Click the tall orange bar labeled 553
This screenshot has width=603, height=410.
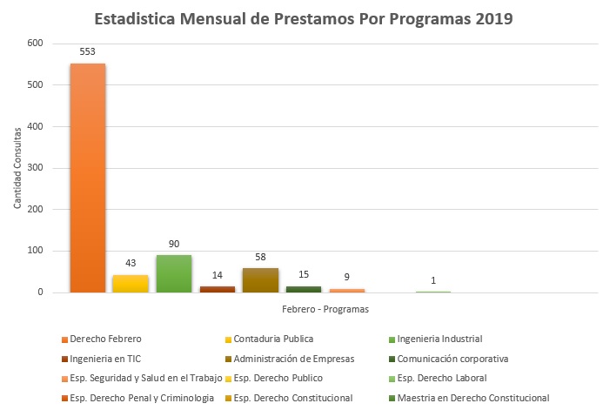[x=87, y=178]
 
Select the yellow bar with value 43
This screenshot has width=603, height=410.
[x=131, y=284]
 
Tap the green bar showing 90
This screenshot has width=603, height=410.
[x=174, y=274]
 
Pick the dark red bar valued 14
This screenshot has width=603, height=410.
[x=218, y=289]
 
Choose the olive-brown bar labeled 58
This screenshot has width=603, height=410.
[x=260, y=280]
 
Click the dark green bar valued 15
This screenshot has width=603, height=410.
[x=304, y=289]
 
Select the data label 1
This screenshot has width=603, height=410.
[x=433, y=280]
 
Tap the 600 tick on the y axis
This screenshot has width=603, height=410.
[x=35, y=44]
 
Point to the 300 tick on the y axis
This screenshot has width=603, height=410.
[x=35, y=168]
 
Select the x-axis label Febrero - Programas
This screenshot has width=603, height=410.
[x=325, y=309]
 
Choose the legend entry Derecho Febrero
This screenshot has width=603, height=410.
[x=105, y=339]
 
